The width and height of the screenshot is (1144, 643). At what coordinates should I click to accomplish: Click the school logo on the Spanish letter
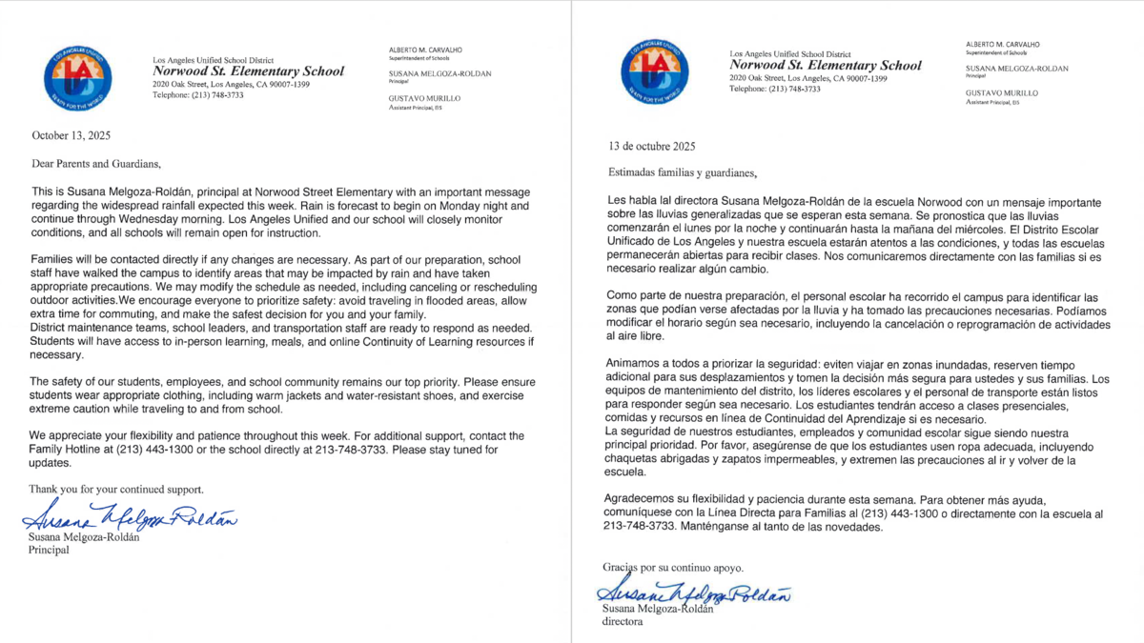click(654, 72)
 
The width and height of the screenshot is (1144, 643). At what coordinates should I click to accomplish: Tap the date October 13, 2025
click(71, 136)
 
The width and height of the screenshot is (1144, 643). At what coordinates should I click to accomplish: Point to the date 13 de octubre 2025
click(652, 147)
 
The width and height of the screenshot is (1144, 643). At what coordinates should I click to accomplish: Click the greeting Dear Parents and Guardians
click(90, 163)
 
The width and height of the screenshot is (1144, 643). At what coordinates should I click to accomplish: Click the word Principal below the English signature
click(49, 550)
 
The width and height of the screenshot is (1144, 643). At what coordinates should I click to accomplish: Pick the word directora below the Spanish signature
click(623, 622)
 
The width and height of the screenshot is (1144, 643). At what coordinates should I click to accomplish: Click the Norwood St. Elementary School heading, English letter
click(248, 71)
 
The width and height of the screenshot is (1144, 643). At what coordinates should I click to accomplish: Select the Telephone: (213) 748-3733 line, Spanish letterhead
click(774, 89)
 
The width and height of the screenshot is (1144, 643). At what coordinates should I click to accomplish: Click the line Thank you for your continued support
click(117, 489)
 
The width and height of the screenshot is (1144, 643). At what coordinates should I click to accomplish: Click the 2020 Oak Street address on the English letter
click(231, 84)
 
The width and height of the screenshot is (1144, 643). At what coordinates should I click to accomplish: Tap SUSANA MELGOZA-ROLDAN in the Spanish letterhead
click(1016, 69)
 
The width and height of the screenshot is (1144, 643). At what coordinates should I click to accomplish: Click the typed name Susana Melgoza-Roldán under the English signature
click(85, 537)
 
